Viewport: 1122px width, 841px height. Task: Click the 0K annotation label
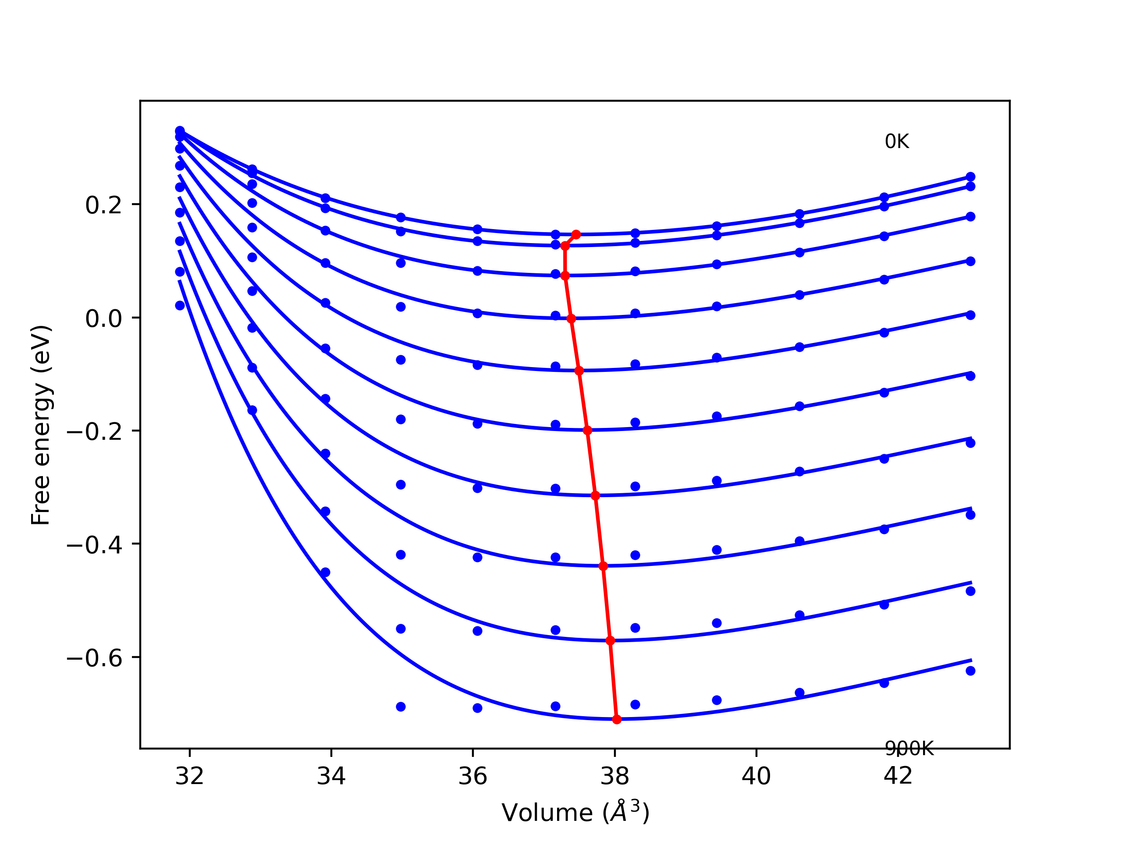[897, 141]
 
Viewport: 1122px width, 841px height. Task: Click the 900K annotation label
[909, 749]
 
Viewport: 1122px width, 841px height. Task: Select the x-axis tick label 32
[189, 776]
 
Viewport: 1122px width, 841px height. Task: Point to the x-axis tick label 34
[331, 776]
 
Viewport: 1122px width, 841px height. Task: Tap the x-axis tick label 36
[473, 776]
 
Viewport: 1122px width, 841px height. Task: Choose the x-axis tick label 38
[615, 776]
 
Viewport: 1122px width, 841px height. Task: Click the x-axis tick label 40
[756, 776]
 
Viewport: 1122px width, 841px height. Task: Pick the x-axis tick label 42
[898, 776]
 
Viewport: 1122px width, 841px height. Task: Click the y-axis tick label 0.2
[103, 205]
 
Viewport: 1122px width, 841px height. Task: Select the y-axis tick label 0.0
[103, 319]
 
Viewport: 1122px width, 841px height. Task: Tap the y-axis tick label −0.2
[95, 432]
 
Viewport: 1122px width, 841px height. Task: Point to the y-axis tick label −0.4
[95, 545]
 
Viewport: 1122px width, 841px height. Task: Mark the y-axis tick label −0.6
[95, 658]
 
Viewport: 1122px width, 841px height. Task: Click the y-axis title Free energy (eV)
[41, 425]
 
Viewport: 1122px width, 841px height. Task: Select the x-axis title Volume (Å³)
[575, 813]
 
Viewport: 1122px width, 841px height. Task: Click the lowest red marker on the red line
[617, 719]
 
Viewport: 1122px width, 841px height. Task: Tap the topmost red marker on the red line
[576, 235]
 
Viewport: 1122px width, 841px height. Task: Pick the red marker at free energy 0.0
[571, 319]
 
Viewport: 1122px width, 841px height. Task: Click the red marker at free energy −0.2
[587, 431]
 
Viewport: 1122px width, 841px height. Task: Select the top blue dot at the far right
[970, 177]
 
